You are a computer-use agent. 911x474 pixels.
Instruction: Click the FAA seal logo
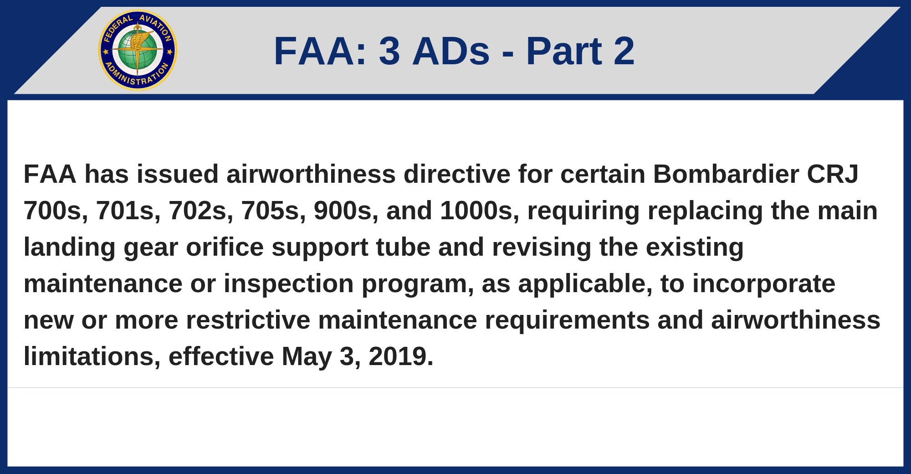(138, 50)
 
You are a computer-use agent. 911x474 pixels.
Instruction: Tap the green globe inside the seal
(138, 50)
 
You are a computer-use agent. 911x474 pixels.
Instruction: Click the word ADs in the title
(451, 51)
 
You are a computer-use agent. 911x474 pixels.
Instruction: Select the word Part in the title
(564, 51)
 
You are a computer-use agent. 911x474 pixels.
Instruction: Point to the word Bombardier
(726, 174)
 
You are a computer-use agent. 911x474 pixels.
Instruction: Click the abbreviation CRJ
(833, 174)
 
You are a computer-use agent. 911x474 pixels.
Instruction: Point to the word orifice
(225, 247)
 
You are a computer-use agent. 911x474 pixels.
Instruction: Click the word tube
(403, 247)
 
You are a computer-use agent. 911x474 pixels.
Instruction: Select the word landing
(70, 248)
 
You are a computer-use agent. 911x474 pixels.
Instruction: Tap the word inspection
(289, 284)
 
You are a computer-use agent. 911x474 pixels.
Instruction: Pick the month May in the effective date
(307, 357)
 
